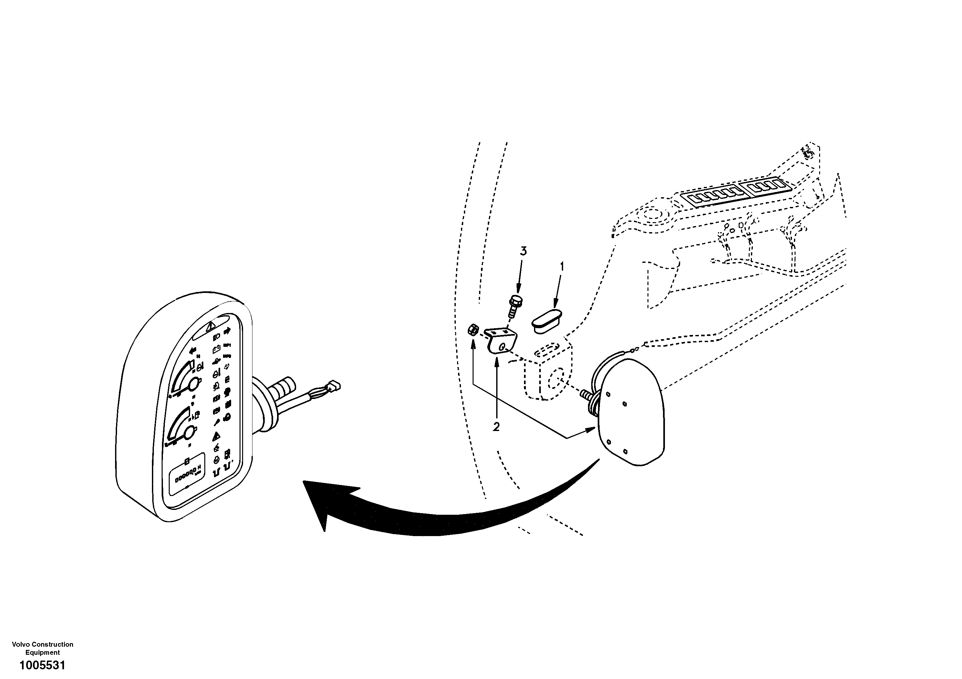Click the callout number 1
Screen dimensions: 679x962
point(562,266)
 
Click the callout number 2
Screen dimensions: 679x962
point(496,427)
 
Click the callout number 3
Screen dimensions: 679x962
point(523,251)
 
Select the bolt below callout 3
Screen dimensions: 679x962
point(513,306)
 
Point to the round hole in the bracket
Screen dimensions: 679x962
point(501,346)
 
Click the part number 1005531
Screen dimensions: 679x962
point(42,665)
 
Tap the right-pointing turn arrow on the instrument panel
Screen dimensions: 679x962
point(228,331)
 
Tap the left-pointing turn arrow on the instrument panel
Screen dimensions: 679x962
point(193,351)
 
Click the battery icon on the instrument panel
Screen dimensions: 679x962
point(217,348)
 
